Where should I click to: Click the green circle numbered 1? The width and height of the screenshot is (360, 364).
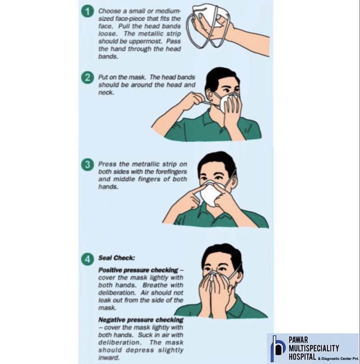click(87, 12)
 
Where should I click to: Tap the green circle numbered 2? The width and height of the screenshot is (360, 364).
click(87, 77)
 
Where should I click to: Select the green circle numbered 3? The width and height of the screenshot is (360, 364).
click(87, 165)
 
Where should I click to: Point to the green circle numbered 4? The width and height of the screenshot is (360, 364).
click(87, 258)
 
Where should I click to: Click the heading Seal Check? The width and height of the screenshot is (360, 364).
click(117, 258)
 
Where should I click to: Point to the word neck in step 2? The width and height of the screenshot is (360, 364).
click(106, 92)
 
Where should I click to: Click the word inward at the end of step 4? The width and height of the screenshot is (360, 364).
click(109, 357)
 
